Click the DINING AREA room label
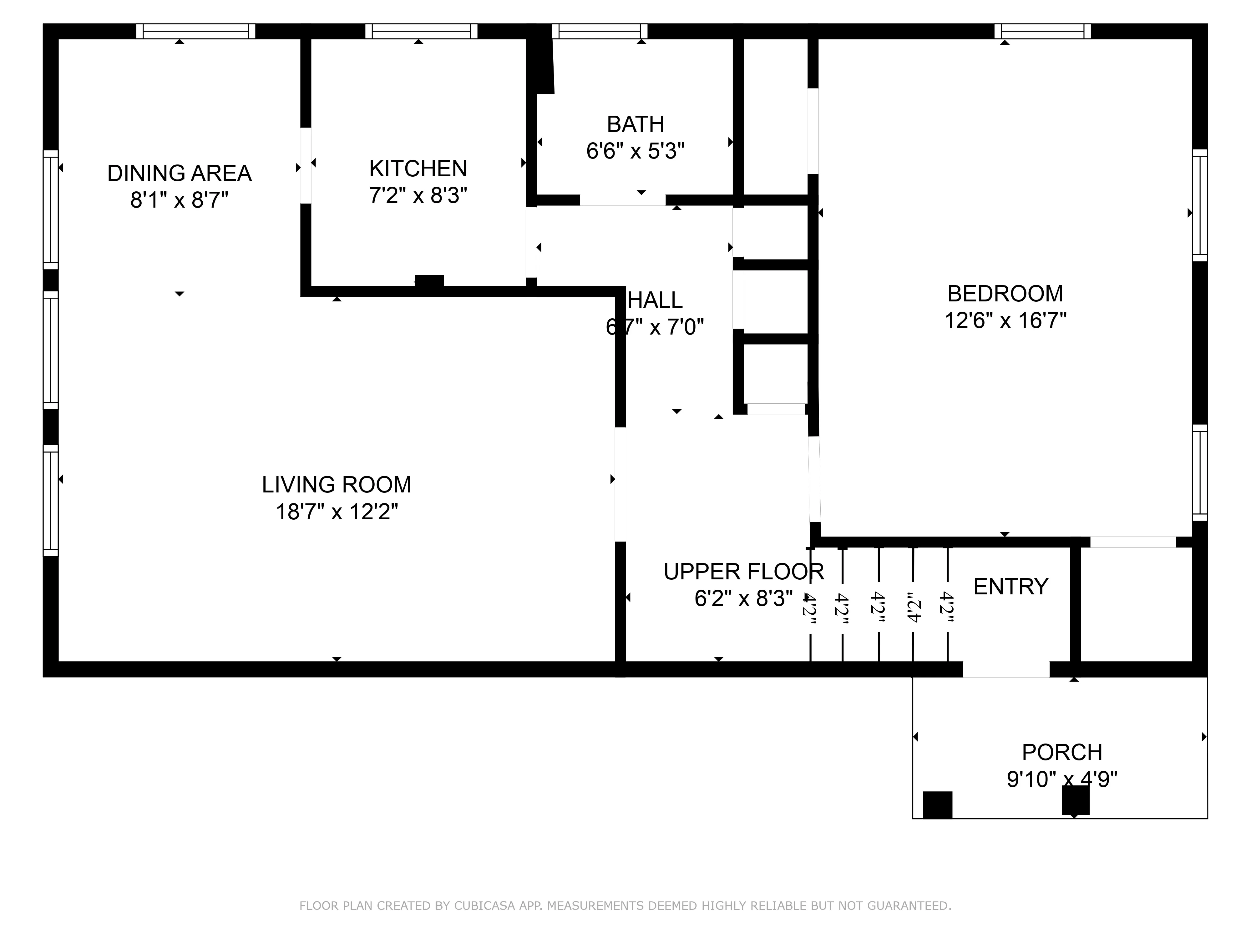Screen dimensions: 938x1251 click(179, 173)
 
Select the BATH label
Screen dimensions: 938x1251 click(635, 124)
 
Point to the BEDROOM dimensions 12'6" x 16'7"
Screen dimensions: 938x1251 click(1005, 320)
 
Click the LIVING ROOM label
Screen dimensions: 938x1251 click(337, 485)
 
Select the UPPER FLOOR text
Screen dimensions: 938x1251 click(744, 572)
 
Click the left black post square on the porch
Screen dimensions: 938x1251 click(937, 804)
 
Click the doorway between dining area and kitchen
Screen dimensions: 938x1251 click(305, 165)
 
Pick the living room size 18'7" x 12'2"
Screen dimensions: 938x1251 click(337, 512)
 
